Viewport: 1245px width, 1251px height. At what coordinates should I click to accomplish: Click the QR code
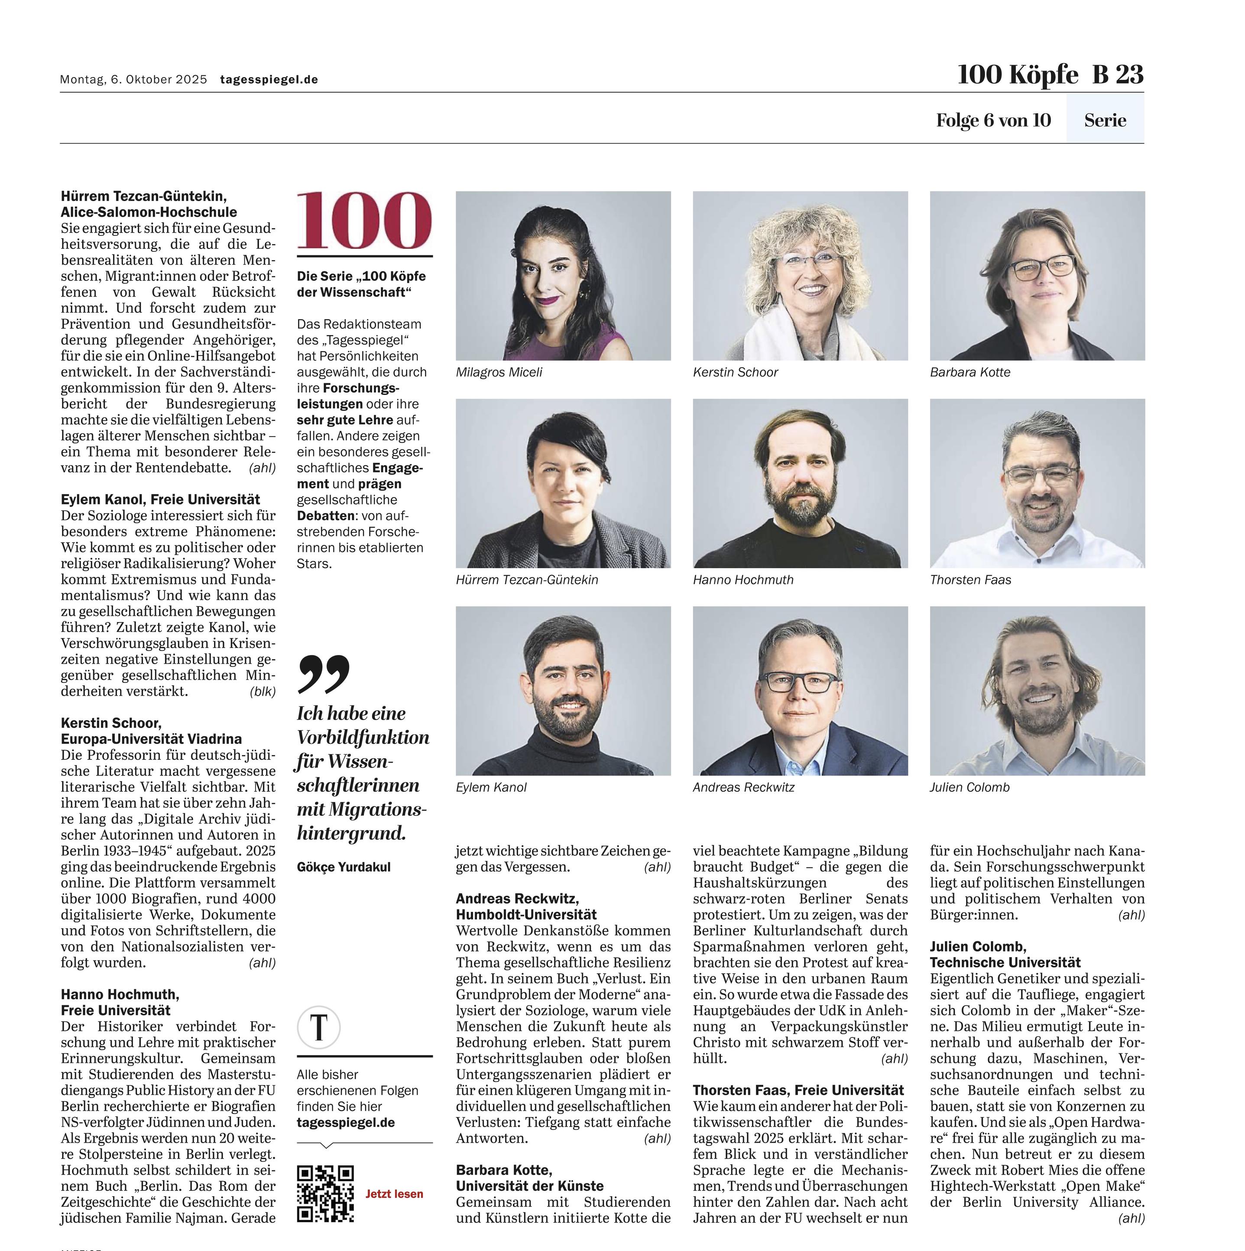[325, 1193]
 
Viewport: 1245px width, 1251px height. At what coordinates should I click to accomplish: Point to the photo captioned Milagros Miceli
[563, 275]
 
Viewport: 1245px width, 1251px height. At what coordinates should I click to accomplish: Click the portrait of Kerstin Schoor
[800, 275]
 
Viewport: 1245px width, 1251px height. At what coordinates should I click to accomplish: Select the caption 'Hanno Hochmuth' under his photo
[743, 580]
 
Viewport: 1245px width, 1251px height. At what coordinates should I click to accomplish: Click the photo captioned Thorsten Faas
[1037, 483]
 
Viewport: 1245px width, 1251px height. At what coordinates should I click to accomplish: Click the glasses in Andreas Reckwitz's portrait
[798, 682]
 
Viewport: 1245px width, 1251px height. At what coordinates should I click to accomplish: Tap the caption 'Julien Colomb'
[969, 787]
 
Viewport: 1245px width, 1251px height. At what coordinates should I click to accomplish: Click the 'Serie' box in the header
[1105, 121]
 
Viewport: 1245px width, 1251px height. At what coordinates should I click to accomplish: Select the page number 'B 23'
[1118, 75]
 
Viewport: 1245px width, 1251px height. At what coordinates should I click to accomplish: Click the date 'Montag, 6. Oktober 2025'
[133, 80]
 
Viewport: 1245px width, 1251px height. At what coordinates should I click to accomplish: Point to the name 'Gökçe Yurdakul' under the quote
[344, 867]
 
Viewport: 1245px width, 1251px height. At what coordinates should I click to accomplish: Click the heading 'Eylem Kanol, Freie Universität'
[160, 499]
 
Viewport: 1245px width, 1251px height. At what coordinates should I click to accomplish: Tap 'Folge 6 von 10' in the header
[993, 121]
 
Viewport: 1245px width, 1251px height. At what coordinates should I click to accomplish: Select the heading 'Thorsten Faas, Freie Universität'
[798, 1091]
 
